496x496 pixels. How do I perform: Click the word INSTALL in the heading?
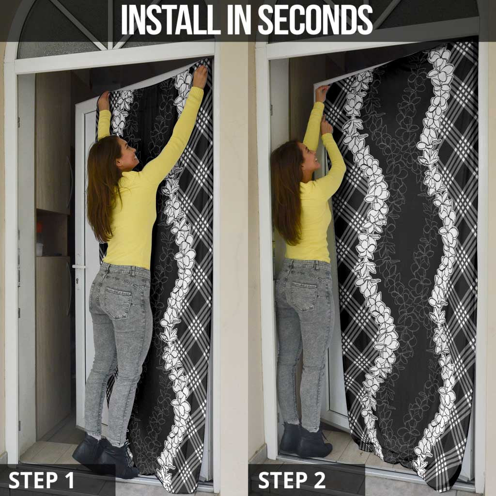click(171, 19)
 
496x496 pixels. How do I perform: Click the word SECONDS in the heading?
click(315, 19)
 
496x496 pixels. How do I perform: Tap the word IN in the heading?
click(239, 19)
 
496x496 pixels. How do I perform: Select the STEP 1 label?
click(41, 480)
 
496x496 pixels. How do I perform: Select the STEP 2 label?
click(292, 480)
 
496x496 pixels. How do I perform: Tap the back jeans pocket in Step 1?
click(118, 303)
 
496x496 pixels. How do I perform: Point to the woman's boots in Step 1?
click(106, 455)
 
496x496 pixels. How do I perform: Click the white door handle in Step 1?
click(78, 267)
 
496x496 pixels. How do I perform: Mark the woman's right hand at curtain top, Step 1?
click(201, 77)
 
